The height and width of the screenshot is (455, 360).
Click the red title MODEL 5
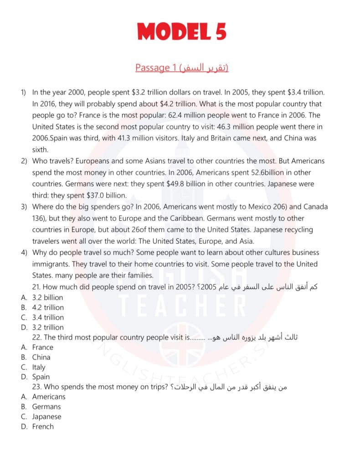click(181, 31)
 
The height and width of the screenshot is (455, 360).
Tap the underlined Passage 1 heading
click(181, 68)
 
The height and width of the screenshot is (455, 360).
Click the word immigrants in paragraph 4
click(53, 264)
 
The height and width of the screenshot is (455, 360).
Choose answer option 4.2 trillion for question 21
click(48, 307)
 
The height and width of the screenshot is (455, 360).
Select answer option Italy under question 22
click(39, 367)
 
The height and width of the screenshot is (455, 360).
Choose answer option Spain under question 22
click(41, 377)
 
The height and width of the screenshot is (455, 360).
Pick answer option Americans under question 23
click(49, 397)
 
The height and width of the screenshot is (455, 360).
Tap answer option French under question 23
click(43, 427)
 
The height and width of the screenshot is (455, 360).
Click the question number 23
click(37, 387)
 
